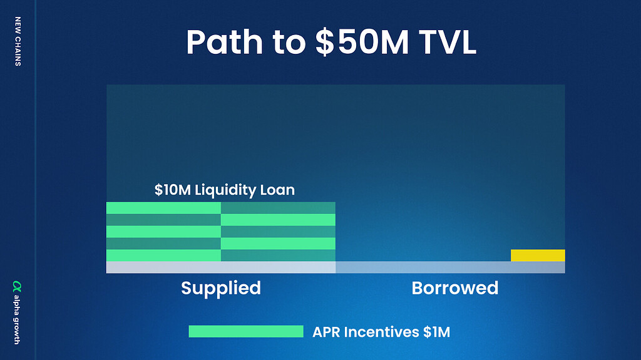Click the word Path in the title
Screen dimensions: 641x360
[225, 42]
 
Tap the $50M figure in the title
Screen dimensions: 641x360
[362, 42]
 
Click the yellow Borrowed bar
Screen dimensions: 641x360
[538, 255]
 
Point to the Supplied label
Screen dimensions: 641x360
[221, 289]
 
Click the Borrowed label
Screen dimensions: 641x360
[455, 288]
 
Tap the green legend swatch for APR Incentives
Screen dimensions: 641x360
[246, 331]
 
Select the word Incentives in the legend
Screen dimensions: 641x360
[381, 332]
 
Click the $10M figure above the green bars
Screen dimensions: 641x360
[173, 190]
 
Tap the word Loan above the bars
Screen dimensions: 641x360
[279, 190]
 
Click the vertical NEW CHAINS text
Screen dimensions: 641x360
[18, 41]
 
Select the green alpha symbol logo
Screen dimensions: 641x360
[17, 286]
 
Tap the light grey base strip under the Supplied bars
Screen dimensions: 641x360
[221, 267]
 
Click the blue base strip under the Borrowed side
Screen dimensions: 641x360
[450, 267]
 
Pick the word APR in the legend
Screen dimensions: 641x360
[326, 332]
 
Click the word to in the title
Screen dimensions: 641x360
[289, 43]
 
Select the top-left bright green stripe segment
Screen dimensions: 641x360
[163, 208]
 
